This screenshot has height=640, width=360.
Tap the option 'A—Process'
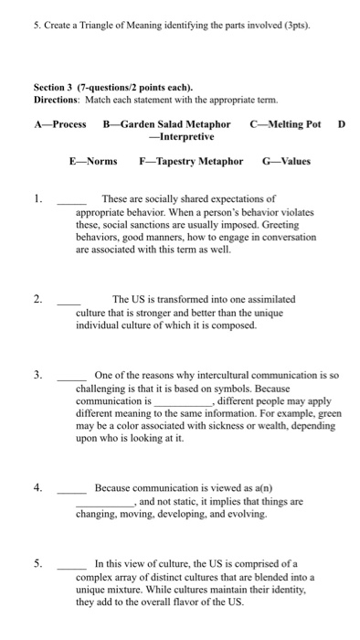click(x=59, y=123)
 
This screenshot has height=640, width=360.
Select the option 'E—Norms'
click(x=94, y=161)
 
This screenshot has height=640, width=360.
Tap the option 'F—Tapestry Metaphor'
click(x=191, y=161)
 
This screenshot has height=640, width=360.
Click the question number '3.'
click(x=37, y=375)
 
